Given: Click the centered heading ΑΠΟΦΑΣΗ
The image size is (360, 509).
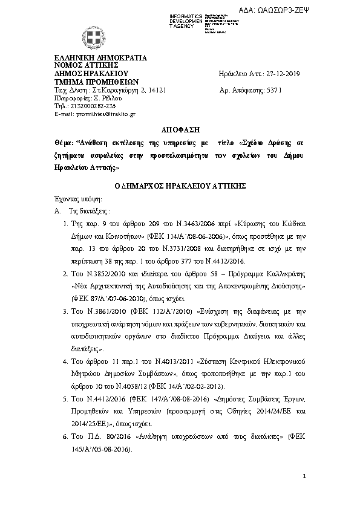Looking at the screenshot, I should [x=179, y=130].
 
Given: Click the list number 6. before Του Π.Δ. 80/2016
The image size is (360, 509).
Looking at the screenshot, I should [x=65, y=435].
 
